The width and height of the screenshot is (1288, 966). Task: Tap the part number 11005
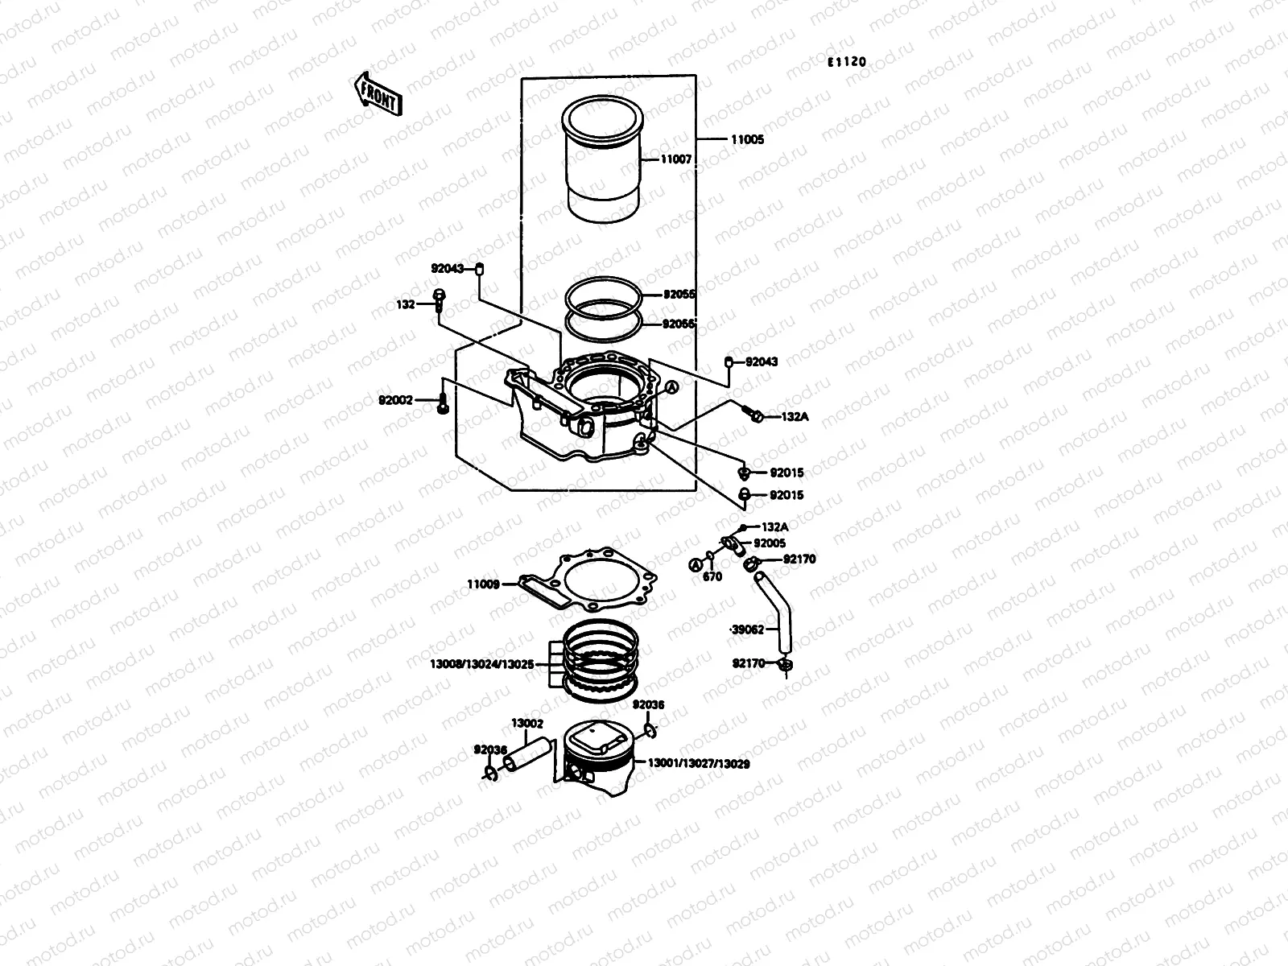click(x=747, y=139)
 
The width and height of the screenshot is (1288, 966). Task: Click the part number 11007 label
click(x=676, y=159)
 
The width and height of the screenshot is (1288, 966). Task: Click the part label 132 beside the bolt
click(x=405, y=305)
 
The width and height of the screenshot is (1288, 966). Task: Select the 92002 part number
click(x=395, y=399)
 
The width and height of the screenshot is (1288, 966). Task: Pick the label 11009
click(x=483, y=584)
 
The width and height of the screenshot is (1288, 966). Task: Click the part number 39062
click(x=747, y=630)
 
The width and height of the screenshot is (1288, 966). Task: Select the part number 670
click(x=712, y=577)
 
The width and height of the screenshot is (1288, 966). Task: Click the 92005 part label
click(x=770, y=543)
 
